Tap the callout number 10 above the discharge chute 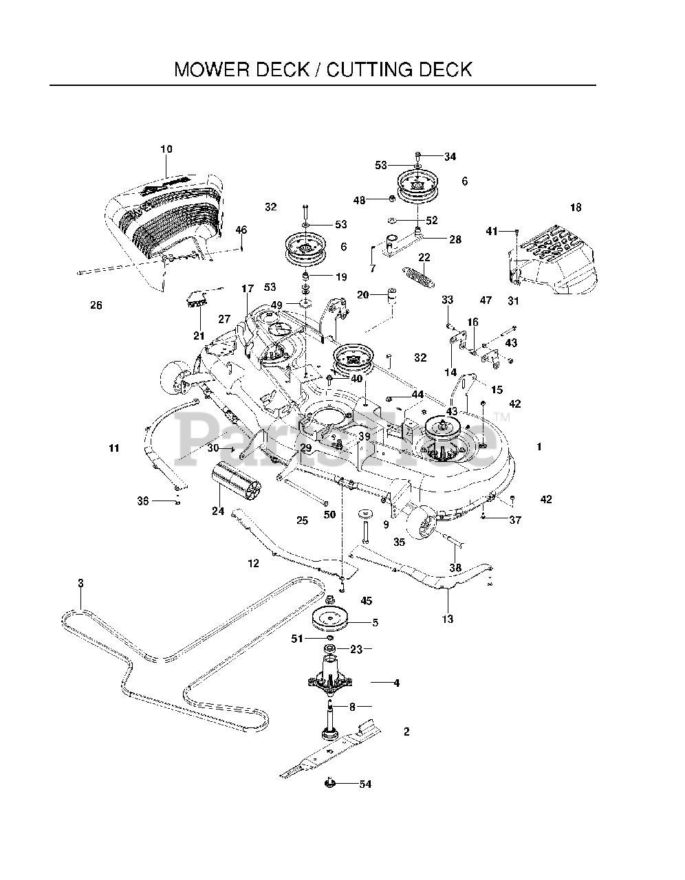166,149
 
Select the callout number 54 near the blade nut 365,784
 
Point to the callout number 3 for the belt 80,583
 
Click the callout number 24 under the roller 218,511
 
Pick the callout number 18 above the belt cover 576,208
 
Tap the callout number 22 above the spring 424,257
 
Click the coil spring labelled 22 420,277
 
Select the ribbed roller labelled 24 236,481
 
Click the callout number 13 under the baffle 447,619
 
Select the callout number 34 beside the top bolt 450,157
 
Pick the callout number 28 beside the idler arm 455,240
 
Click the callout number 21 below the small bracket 199,335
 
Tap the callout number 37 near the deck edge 515,520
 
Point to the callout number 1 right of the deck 539,447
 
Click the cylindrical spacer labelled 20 391,296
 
